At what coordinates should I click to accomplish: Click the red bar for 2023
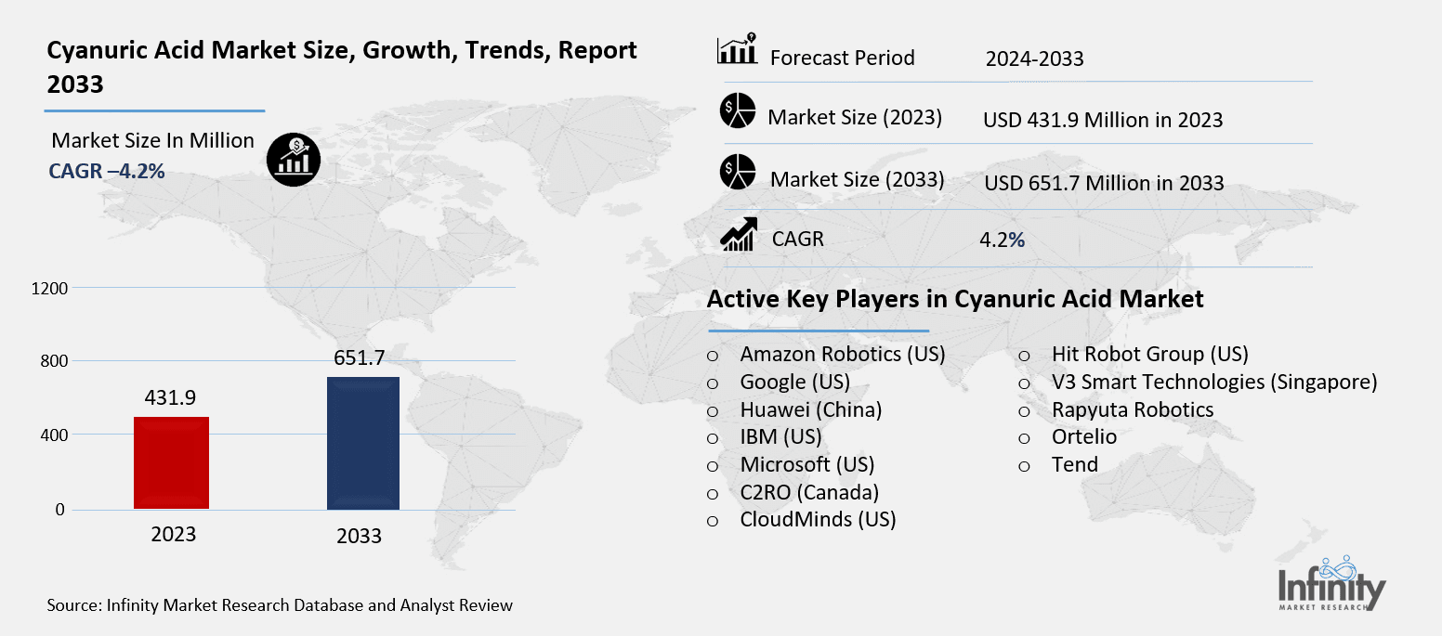click(172, 462)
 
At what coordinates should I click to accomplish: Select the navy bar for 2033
click(363, 443)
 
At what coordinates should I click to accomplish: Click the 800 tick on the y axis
click(54, 361)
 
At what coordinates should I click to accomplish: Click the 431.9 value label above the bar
click(172, 397)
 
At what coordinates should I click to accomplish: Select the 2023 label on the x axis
click(173, 534)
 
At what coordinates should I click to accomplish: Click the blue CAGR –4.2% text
click(106, 171)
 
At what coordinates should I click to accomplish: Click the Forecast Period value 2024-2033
click(1034, 59)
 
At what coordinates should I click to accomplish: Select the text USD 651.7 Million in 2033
click(1104, 183)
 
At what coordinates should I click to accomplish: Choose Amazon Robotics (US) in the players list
click(842, 354)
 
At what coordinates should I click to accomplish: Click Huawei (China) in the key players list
click(810, 409)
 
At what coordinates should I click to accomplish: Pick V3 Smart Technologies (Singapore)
click(1213, 382)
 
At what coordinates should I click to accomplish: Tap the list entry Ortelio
click(1083, 436)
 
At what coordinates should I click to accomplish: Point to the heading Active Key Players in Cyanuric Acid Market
click(955, 299)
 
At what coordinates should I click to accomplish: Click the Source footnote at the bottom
click(280, 605)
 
